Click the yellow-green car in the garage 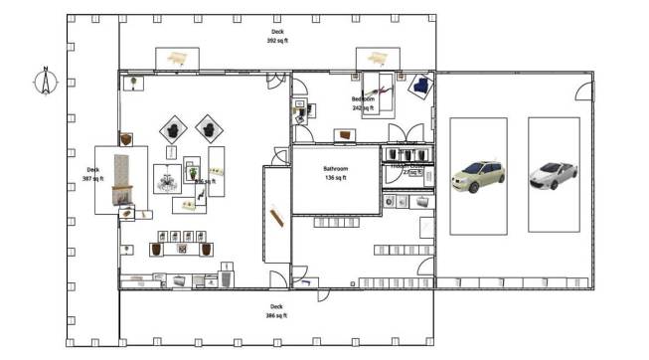478,176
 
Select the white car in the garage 553,176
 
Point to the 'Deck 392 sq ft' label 276,37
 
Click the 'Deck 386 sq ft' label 276,310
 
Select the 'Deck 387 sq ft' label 92,174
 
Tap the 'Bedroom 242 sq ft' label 364,103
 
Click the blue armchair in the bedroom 421,87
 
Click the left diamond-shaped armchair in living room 174,128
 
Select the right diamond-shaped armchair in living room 209,126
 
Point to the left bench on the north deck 177,59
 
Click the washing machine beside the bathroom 388,202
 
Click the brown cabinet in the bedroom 345,134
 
